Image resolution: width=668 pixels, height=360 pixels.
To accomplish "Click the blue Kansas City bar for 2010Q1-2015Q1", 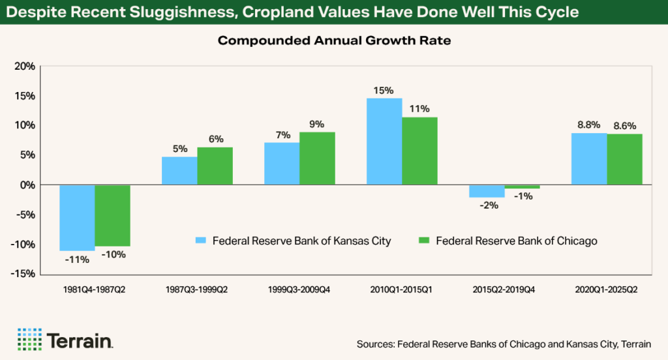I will pos(384,142).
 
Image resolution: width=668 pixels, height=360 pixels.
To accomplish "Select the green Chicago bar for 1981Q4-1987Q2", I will pos(112,216).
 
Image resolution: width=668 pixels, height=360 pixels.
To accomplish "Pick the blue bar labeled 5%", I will pos(179,171).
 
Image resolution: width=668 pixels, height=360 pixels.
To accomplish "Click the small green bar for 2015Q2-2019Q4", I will pos(522,187).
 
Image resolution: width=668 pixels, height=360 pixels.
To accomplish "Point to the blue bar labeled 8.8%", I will pos(589,159).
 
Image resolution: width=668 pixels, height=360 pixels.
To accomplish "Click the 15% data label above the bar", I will pos(384,90).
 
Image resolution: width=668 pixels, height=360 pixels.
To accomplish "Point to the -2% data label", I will pos(487,205).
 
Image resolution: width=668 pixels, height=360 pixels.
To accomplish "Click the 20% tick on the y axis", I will pos(24,67).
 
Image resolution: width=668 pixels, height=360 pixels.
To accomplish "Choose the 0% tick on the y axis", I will pos(27,185).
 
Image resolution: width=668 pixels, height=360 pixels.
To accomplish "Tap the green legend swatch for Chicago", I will pos(423,241).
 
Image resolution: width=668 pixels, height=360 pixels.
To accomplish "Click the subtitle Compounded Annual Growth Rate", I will pos(334,40).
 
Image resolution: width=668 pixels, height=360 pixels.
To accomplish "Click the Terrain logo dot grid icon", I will pos(29,339).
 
